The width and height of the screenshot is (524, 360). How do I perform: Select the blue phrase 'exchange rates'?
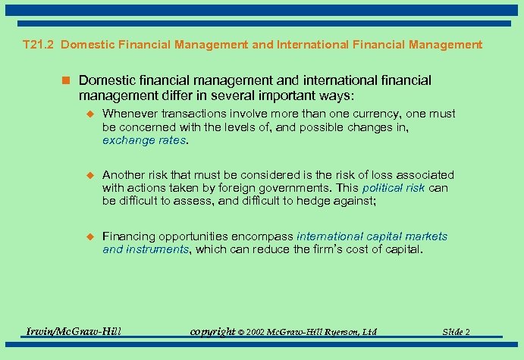[144, 140]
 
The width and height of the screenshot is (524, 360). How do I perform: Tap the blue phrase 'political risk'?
[394, 188]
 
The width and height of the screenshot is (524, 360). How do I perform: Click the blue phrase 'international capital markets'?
[372, 236]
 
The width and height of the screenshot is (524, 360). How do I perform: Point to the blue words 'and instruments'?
[146, 249]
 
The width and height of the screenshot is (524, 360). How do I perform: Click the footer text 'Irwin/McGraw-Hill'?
[74, 331]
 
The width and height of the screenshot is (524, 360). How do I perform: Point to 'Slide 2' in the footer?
[457, 332]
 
